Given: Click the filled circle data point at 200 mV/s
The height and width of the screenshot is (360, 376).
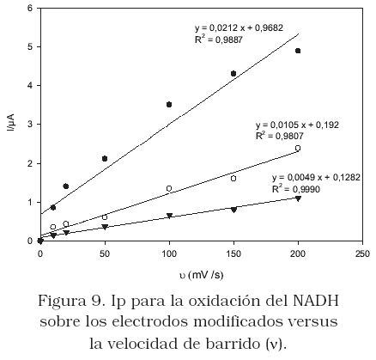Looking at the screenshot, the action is click(298, 51).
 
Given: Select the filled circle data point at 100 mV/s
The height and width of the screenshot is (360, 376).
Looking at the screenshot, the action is click(169, 105).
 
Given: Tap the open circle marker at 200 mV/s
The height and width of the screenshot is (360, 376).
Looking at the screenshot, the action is click(298, 148).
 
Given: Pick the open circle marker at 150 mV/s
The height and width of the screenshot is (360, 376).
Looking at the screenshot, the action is click(233, 179).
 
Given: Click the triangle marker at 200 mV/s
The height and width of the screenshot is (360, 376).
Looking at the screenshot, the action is click(298, 198).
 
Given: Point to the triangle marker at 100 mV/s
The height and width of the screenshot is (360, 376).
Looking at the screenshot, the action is click(169, 216).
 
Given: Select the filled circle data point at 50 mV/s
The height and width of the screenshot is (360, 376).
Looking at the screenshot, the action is click(105, 158).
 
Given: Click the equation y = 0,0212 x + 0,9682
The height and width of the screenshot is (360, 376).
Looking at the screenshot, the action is click(239, 27).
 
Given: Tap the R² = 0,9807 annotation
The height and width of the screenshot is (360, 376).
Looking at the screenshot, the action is click(279, 136).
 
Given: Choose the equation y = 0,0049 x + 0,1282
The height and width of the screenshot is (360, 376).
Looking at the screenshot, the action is click(316, 178).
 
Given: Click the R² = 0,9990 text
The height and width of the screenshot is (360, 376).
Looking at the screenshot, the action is click(296, 189).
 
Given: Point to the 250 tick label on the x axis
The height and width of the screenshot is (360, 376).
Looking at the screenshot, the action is click(362, 253).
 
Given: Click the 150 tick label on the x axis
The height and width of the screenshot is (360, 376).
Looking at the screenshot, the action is click(233, 253).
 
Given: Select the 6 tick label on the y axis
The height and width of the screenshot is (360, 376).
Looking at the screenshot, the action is click(31, 8).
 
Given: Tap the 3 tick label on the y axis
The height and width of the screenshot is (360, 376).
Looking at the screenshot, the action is click(31, 125).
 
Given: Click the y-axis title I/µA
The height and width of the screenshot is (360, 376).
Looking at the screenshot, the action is click(12, 123).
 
